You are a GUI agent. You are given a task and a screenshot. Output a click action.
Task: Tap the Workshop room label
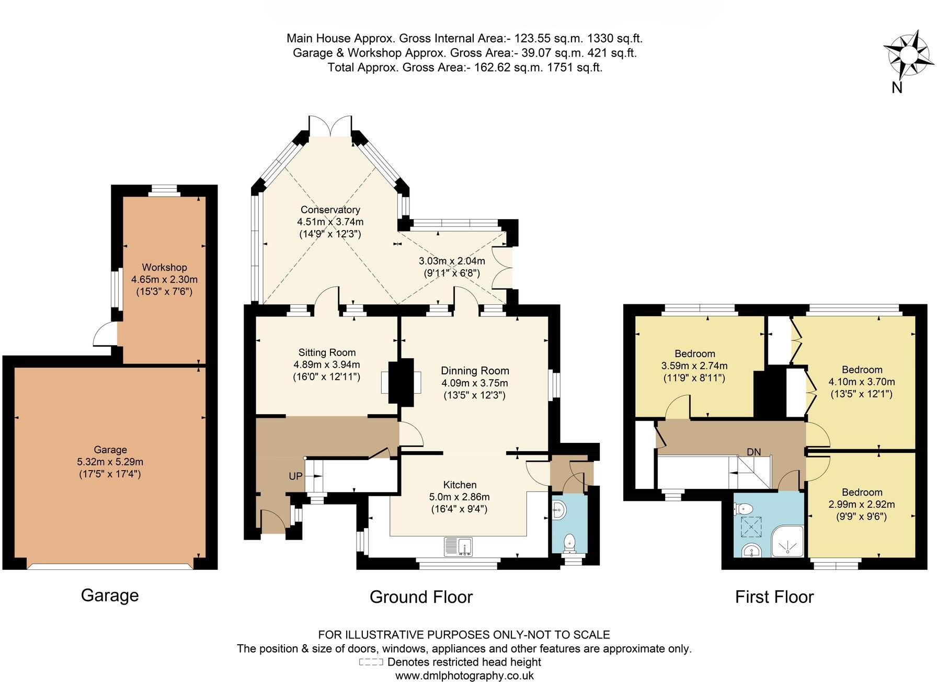click(164, 267)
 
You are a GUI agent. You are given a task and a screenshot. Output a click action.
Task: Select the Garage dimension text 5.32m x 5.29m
click(110, 462)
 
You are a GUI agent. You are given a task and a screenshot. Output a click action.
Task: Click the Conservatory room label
click(330, 210)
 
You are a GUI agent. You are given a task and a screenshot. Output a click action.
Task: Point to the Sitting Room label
click(327, 352)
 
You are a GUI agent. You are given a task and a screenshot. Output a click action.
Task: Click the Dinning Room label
click(475, 371)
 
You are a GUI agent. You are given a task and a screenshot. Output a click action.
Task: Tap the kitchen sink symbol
click(458, 547)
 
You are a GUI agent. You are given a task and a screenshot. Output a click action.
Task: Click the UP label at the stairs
click(295, 476)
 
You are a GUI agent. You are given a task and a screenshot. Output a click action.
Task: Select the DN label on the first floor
click(753, 452)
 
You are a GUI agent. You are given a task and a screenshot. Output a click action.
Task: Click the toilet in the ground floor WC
click(569, 543)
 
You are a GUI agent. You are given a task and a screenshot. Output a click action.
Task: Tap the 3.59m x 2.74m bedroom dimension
click(694, 366)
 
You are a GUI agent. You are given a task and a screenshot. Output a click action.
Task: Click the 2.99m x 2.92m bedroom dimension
click(862, 505)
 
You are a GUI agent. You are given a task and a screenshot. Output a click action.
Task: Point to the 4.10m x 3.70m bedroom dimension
click(862, 382)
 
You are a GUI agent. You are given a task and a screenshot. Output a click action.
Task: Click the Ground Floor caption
click(421, 597)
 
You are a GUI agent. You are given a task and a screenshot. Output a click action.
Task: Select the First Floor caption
click(774, 597)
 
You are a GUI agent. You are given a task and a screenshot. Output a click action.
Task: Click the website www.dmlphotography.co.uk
click(464, 676)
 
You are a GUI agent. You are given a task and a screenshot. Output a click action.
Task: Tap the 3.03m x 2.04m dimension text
click(452, 261)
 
